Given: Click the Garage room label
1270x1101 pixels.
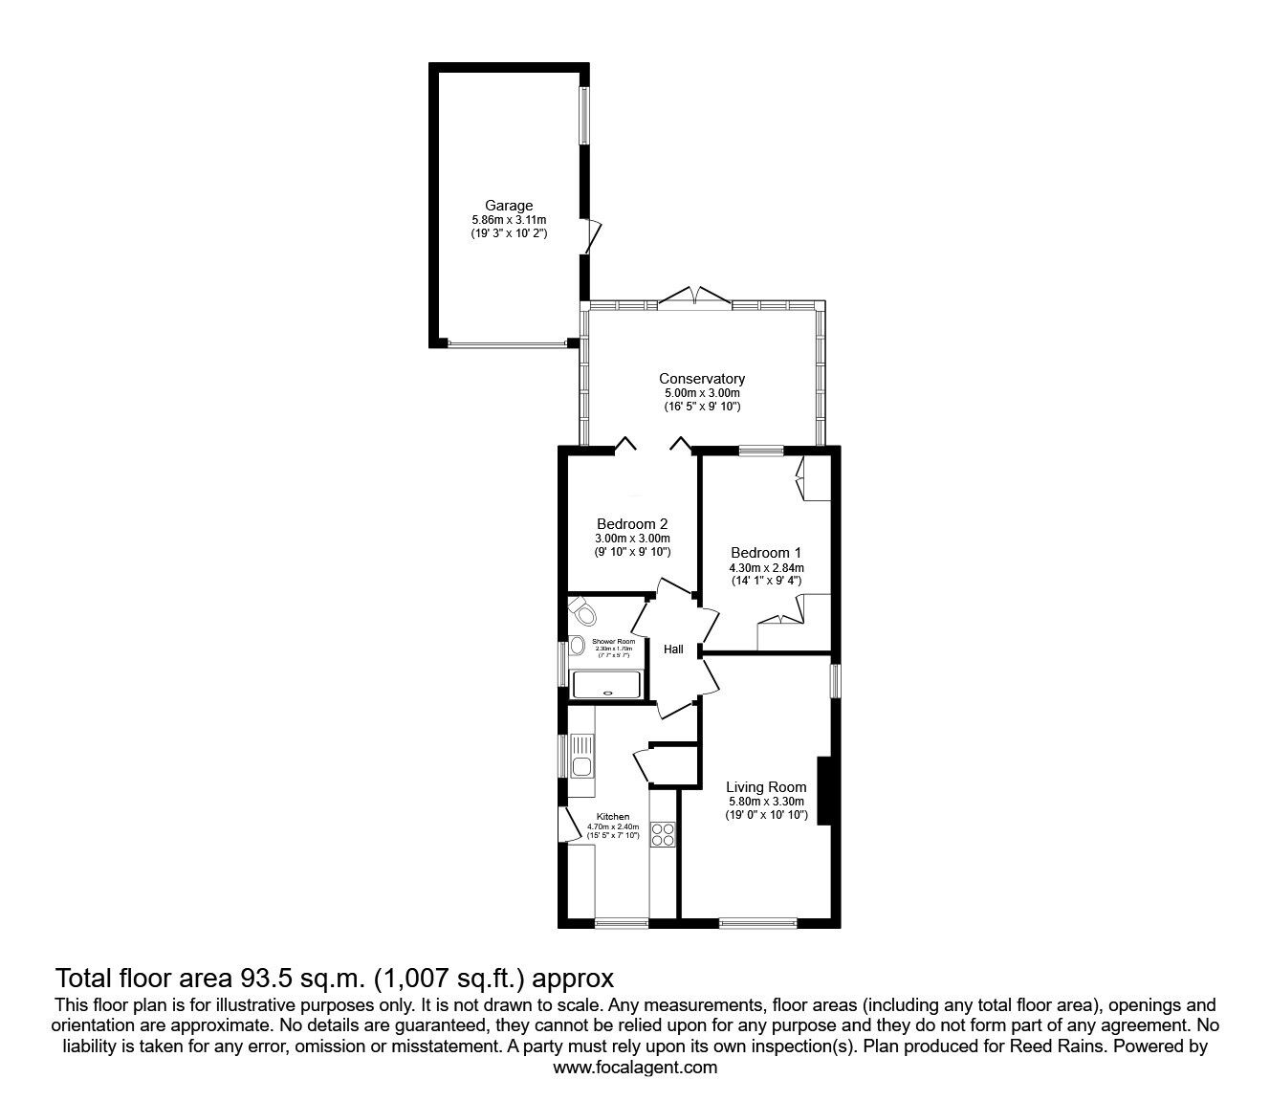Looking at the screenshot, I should (x=508, y=205).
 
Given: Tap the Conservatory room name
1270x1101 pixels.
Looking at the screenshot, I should (x=701, y=379).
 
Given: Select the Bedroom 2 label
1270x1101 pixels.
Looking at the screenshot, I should (x=631, y=524).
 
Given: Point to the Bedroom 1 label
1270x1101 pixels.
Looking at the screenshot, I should (x=765, y=553).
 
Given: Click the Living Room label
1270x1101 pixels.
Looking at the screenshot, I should (x=765, y=787).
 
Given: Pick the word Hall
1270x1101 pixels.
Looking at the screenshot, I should (x=673, y=650).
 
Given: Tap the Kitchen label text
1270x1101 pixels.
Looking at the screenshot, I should (x=613, y=816).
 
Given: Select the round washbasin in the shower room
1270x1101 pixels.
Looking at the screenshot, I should (x=577, y=647).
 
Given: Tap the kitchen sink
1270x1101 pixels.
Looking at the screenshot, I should (x=580, y=765).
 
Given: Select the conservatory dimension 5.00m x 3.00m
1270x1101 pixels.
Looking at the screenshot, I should (x=701, y=393).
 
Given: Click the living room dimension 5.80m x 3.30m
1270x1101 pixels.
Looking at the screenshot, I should (x=765, y=802).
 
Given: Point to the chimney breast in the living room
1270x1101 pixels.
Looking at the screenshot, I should (x=823, y=789).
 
